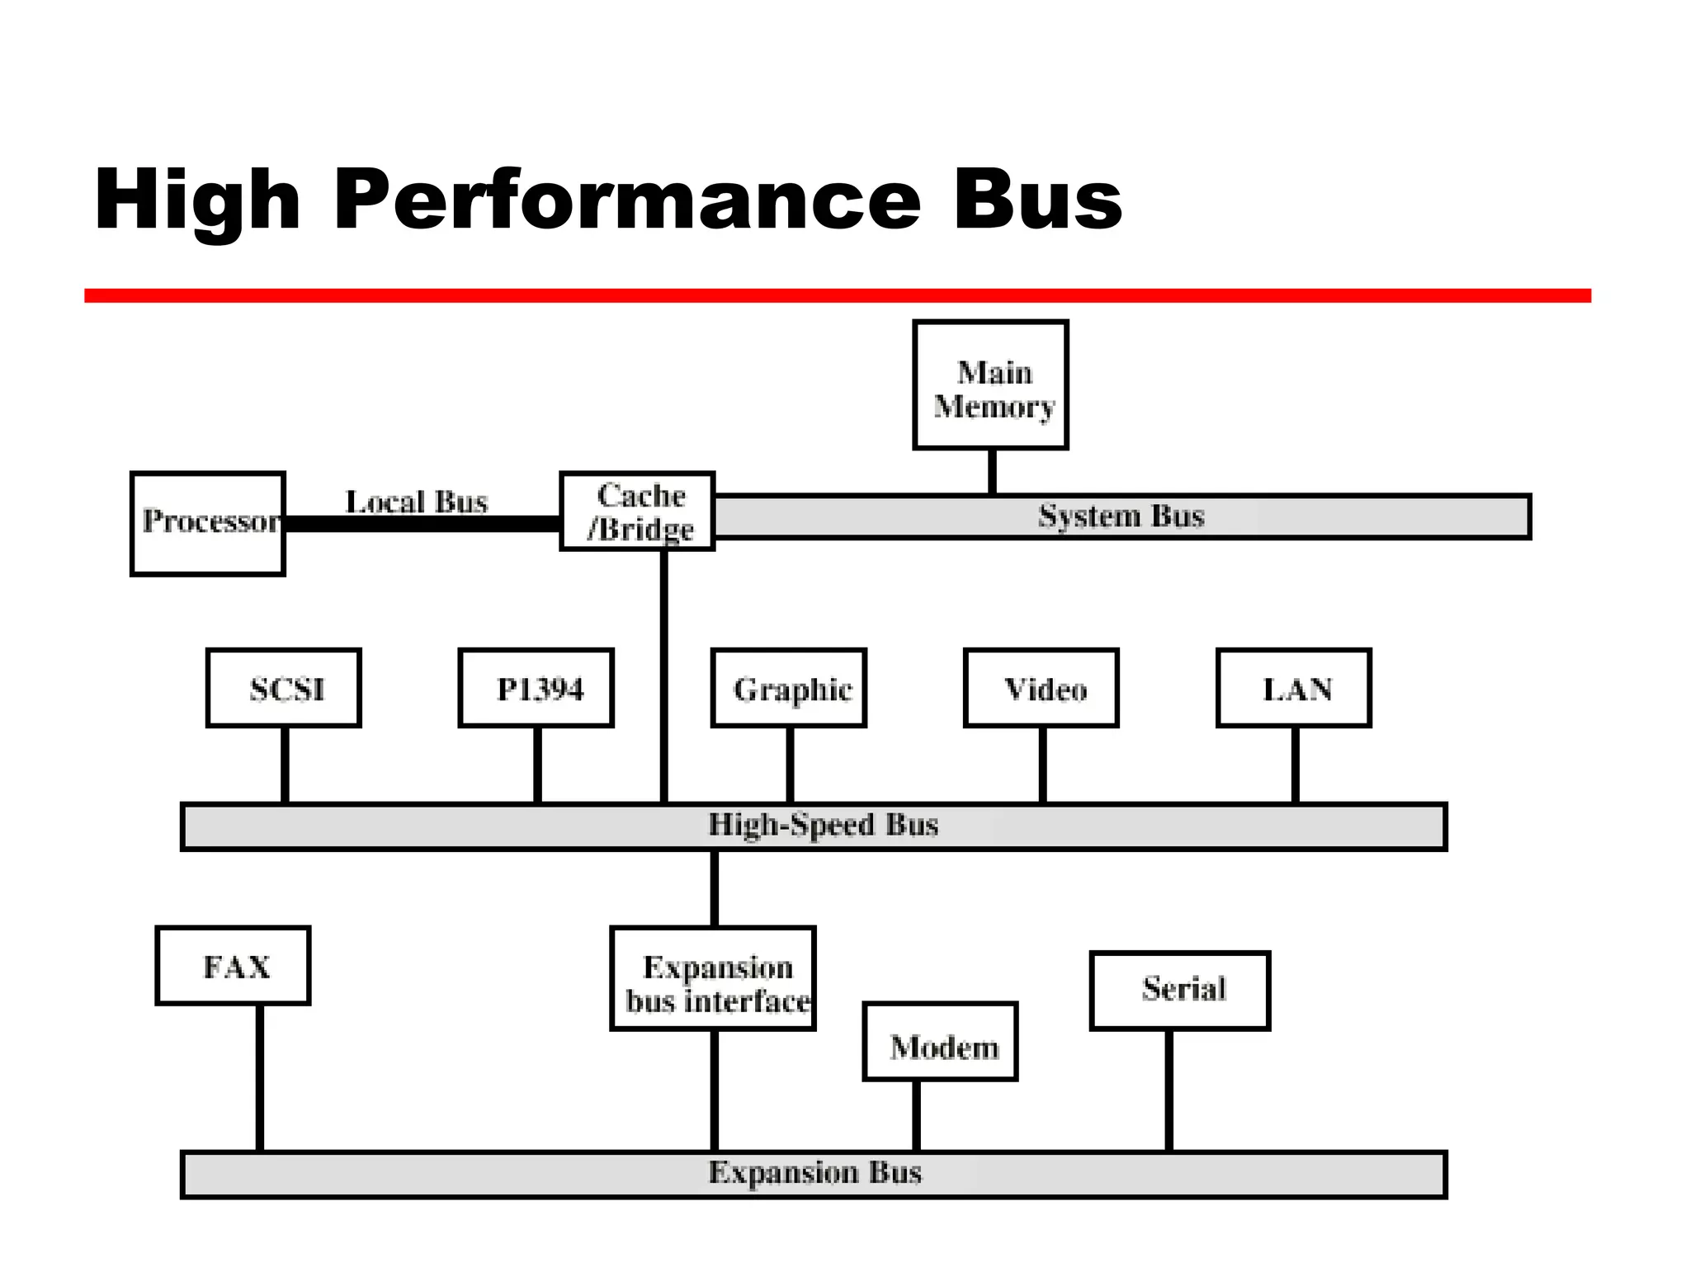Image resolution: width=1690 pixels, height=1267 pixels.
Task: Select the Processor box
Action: pos(208,523)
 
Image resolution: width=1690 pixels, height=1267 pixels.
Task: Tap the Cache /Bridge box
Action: pos(637,511)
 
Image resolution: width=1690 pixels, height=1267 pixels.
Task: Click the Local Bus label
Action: pos(416,502)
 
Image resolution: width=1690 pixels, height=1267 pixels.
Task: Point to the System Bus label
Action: pos(1121,516)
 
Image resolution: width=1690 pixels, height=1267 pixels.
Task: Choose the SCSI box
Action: pos(284,688)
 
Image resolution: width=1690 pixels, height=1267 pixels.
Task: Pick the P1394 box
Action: pos(536,688)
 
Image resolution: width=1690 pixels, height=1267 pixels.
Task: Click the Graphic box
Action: pos(789,688)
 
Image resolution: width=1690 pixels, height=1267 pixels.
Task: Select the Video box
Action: pos(1041,688)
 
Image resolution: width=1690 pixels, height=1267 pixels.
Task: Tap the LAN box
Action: pos(1294,688)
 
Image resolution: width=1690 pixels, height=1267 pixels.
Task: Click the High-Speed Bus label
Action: pos(823,825)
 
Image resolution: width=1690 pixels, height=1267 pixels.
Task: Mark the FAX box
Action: pos(234,965)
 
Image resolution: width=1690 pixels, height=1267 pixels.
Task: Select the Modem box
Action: pos(941,1042)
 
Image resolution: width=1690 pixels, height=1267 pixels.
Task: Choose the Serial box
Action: pos(1180,990)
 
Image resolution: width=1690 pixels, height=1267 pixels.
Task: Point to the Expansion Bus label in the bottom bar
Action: pos(814,1173)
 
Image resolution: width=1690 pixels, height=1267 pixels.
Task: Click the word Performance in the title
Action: pos(627,200)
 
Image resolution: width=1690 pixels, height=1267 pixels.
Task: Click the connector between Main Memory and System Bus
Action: pos(992,471)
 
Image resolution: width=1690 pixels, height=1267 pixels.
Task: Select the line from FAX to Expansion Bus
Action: pos(260,1076)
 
